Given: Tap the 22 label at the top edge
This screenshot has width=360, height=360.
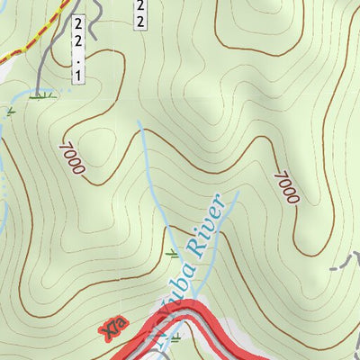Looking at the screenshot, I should coord(140,13).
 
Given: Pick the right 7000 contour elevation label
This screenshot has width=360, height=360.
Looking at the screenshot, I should coord(284,187).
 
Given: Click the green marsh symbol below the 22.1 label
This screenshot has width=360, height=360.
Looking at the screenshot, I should coord(38,94).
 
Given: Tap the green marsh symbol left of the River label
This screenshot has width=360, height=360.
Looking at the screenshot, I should coord(172,254).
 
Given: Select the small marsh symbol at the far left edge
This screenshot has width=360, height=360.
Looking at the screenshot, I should coord(9,112).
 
